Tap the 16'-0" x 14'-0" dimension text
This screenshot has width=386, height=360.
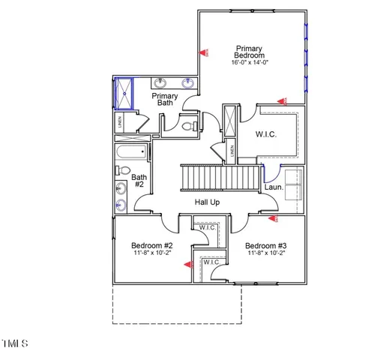(250, 63)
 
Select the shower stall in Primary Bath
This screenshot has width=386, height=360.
(121, 93)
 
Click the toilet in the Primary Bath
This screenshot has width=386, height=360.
(188, 127)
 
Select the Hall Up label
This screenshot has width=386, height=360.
(208, 203)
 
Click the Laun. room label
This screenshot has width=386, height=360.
(274, 187)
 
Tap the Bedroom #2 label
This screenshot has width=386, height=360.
(152, 245)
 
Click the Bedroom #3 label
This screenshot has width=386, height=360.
(265, 245)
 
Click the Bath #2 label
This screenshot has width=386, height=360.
(139, 181)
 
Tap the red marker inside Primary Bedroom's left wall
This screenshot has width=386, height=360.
(203, 52)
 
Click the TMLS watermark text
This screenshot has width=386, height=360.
(14, 344)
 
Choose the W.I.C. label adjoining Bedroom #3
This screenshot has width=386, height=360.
(207, 227)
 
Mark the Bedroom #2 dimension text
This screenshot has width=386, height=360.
(152, 253)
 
